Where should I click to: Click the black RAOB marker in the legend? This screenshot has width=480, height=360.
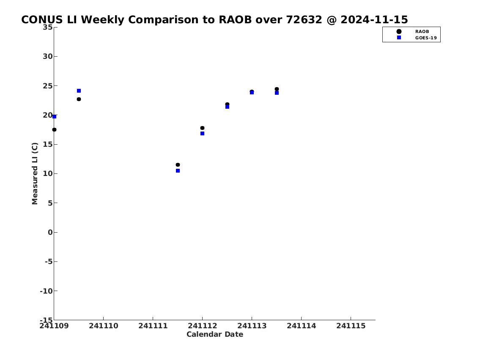[399, 32]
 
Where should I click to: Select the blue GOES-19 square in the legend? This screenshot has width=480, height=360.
[399, 37]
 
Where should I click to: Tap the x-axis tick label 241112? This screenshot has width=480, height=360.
[202, 326]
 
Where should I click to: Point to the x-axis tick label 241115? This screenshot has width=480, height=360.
[351, 326]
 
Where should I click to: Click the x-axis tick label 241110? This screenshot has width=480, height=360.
[104, 326]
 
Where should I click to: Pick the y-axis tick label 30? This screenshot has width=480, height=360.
[48, 56]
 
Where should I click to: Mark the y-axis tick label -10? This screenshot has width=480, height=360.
[46, 291]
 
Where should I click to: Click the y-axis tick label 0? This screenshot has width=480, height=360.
[50, 232]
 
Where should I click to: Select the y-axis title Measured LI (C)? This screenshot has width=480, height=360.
[35, 173]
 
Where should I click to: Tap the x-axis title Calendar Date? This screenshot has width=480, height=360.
[215, 334]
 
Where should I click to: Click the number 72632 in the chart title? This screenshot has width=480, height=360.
[304, 19]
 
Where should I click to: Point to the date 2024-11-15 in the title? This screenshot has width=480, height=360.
[374, 19]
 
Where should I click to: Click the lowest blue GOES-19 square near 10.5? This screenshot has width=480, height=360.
[178, 171]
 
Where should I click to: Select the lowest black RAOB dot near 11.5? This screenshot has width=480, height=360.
[178, 165]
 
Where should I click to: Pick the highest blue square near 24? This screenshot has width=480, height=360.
[79, 91]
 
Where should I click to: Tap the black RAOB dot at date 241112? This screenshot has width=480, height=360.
[202, 128]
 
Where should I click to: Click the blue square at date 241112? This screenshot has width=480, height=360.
[202, 134]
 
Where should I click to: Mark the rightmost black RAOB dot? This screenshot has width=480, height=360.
[277, 89]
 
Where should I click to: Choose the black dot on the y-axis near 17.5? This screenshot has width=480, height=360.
[54, 130]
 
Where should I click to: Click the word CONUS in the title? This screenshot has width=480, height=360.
[42, 19]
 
